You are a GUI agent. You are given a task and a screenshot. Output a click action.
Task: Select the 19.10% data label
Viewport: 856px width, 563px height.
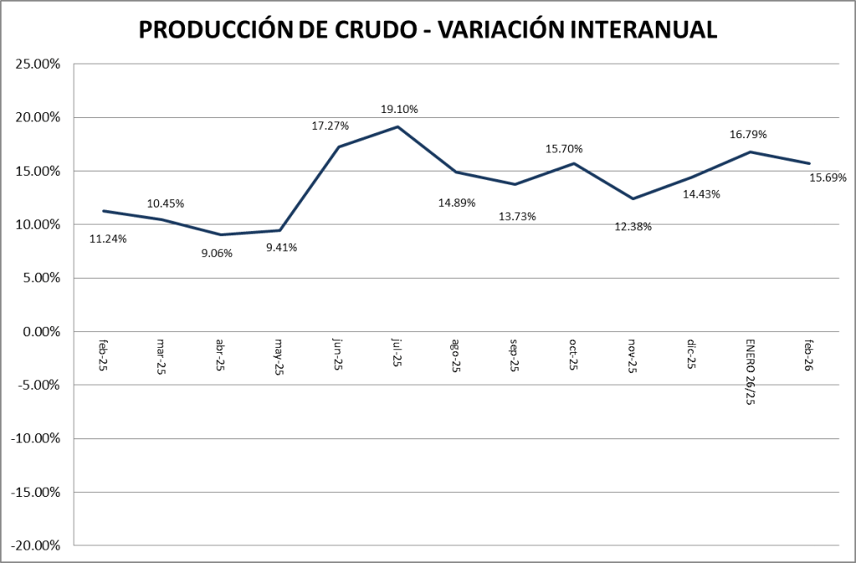[x=398, y=109]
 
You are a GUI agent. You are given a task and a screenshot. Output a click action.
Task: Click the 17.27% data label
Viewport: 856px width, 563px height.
[x=330, y=126]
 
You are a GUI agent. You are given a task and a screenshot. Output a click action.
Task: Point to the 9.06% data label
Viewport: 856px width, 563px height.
[x=218, y=252]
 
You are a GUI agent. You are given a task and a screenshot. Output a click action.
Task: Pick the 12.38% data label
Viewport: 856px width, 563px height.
[x=632, y=226]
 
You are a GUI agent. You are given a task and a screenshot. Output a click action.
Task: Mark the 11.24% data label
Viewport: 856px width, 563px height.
[x=107, y=239]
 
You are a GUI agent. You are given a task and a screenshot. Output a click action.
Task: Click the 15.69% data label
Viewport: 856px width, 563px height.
[x=828, y=178]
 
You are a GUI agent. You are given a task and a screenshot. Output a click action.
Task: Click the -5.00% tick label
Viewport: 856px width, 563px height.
[x=38, y=385]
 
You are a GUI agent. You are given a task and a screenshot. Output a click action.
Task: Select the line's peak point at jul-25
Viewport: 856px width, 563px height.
[x=397, y=127]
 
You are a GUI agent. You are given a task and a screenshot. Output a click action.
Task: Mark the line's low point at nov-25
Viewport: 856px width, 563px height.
[x=633, y=199]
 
